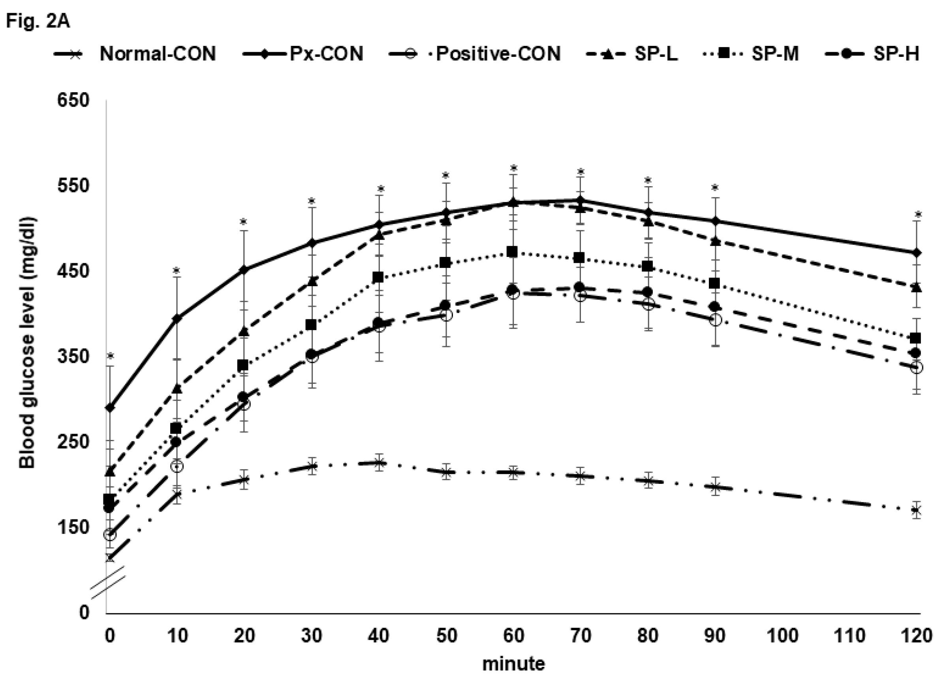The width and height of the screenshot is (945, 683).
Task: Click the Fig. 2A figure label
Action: [38, 21]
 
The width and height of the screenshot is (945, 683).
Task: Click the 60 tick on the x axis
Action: [513, 636]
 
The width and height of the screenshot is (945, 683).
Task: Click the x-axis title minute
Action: [513, 663]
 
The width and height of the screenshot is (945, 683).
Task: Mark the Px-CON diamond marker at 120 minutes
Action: [916, 253]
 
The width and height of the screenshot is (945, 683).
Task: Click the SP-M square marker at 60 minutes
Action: [513, 252]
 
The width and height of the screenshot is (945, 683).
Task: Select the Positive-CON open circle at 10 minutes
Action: [177, 466]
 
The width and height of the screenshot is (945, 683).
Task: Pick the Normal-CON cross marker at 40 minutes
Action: [379, 462]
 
